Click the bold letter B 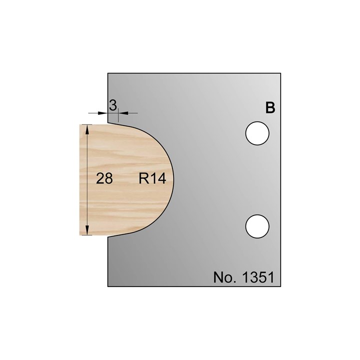point(270,108)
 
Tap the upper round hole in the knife point(258,133)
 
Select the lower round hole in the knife point(258,225)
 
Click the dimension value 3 point(113,105)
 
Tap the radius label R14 point(152,178)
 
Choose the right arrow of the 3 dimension point(122,113)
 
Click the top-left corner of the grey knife point(108,73)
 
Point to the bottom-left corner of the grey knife point(108,286)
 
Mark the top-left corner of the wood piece point(80,124)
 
